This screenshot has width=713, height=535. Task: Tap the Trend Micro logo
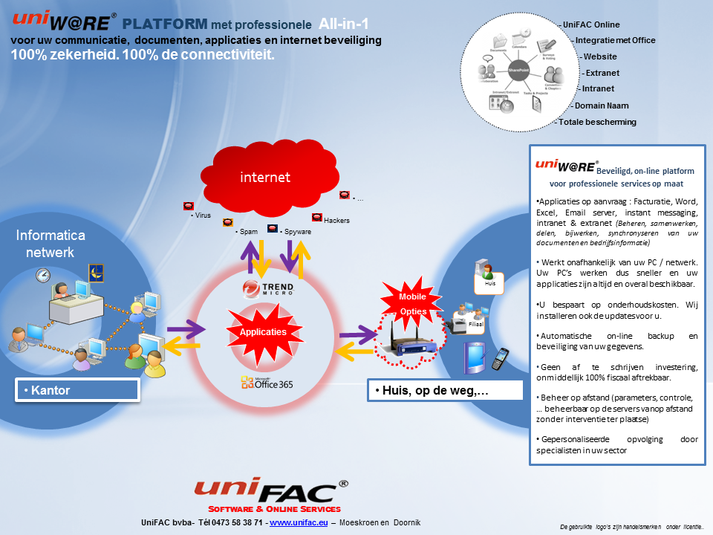267,288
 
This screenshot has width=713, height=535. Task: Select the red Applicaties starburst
262,332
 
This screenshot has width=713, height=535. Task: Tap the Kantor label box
78,390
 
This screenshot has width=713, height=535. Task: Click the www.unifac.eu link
299,523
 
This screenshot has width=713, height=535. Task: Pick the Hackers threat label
336,221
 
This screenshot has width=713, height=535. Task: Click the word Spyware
297,232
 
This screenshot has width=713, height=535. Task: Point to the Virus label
201,215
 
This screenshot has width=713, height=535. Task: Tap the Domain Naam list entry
602,106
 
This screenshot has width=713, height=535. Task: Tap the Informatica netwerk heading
51,244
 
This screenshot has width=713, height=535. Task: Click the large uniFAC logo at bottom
271,491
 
